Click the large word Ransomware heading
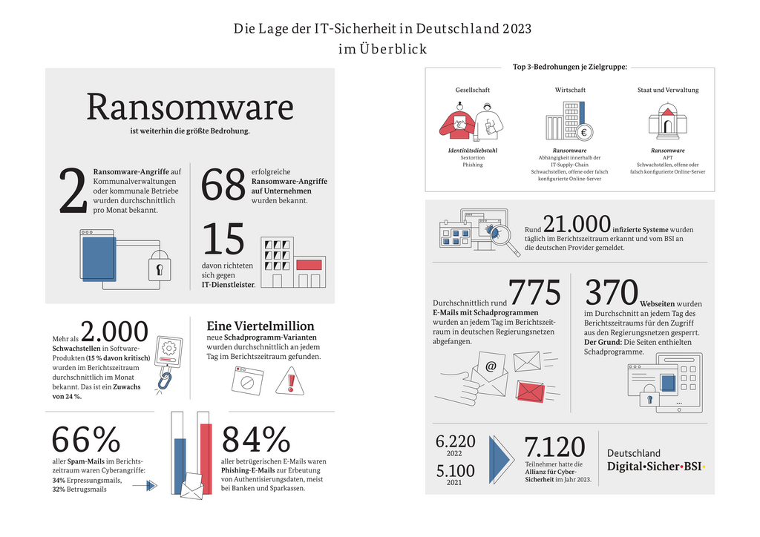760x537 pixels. (x=190, y=108)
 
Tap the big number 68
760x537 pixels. (x=223, y=185)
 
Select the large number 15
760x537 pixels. (x=223, y=240)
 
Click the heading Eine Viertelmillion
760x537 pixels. (x=260, y=326)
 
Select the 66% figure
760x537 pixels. (x=85, y=440)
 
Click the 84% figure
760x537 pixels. (x=256, y=440)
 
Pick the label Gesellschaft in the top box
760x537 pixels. (x=473, y=90)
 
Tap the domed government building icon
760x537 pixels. (x=667, y=122)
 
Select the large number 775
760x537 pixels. (x=534, y=292)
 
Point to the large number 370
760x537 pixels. (x=612, y=292)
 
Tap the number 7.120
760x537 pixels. (x=555, y=447)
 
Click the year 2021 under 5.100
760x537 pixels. (x=455, y=484)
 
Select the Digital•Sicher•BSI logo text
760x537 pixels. (x=656, y=467)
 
